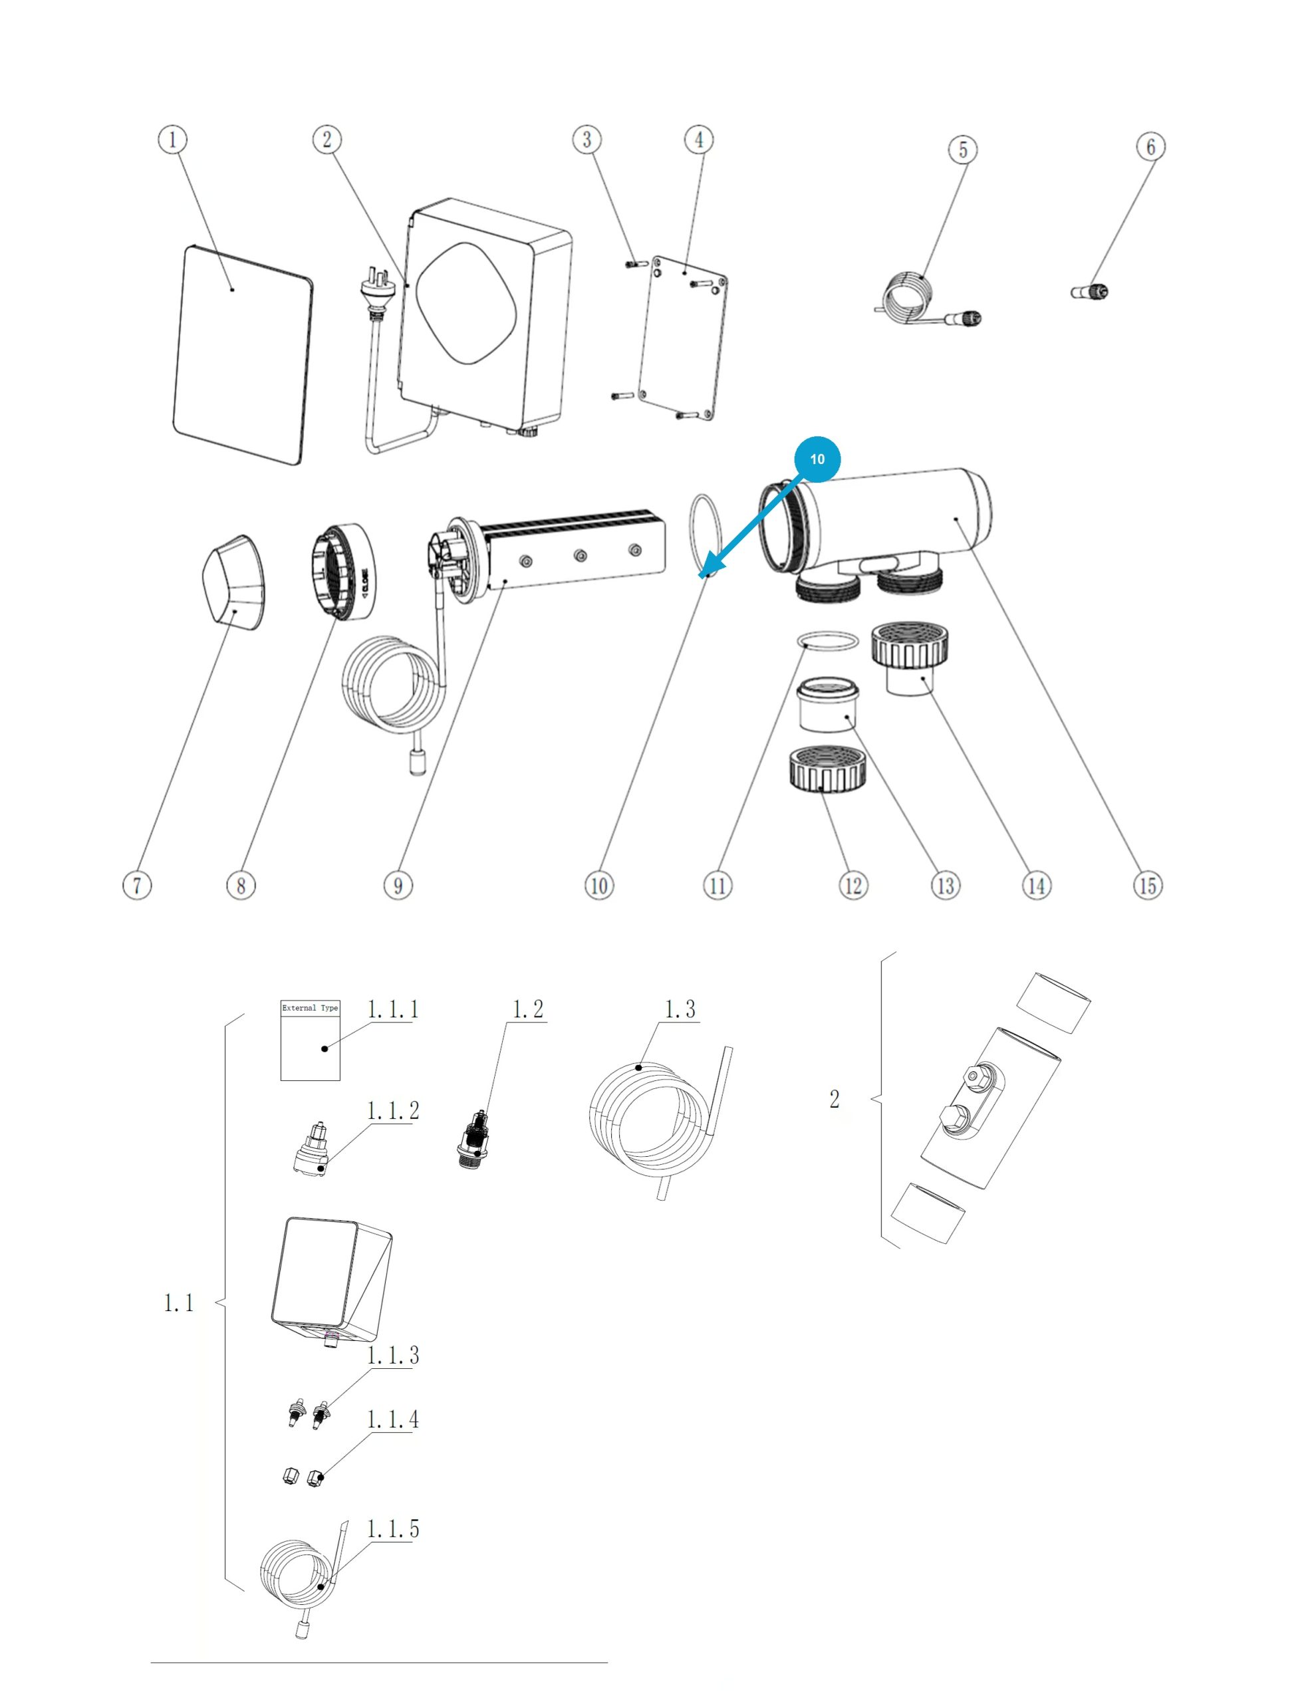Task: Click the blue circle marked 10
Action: (x=817, y=459)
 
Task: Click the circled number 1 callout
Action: (x=172, y=140)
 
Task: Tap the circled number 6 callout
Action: (x=1151, y=146)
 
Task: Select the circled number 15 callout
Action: (x=1148, y=886)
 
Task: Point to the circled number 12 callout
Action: (x=853, y=886)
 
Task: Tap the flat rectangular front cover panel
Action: (x=241, y=356)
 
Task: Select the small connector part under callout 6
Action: (x=1089, y=293)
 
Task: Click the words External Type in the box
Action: (x=310, y=1008)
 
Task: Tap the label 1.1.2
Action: (x=393, y=1110)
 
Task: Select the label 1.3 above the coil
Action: (x=680, y=1009)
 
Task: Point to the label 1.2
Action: (x=527, y=1009)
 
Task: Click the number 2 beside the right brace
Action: (x=835, y=1099)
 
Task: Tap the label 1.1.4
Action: (x=393, y=1419)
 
